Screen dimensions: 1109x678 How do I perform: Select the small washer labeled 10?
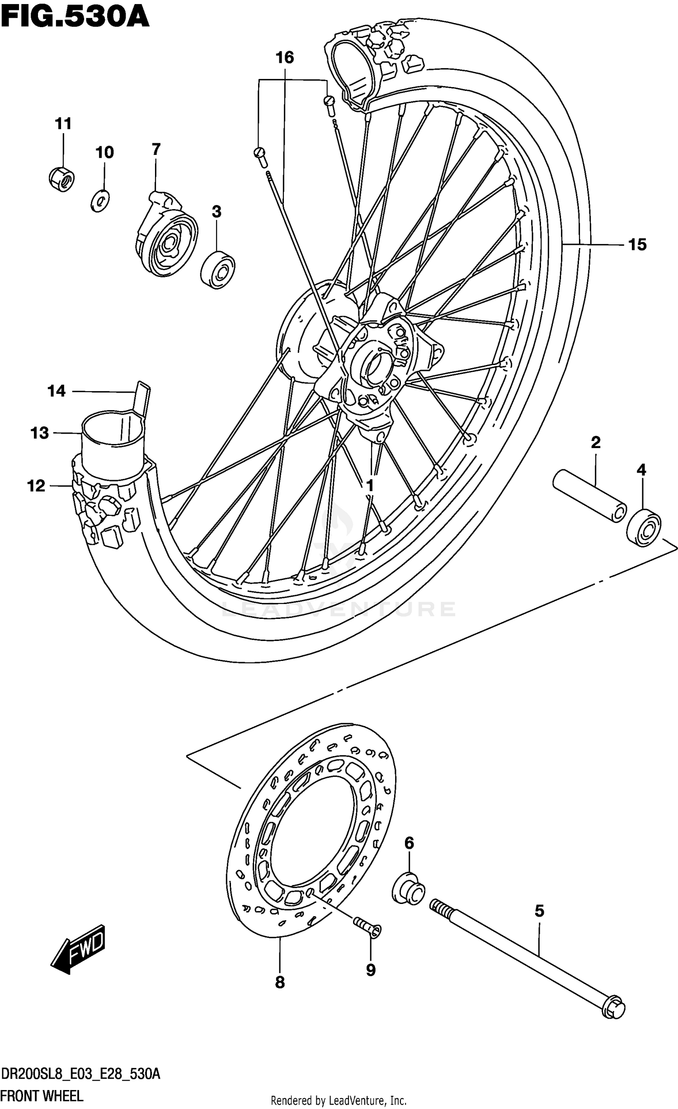click(x=99, y=201)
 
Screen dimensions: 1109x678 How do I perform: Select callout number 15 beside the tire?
click(x=637, y=244)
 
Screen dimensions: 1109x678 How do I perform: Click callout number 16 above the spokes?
click(x=285, y=58)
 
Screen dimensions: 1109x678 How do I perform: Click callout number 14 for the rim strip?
click(x=56, y=391)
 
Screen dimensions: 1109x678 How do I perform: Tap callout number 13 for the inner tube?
click(x=39, y=433)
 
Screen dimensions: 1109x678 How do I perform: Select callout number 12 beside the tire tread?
click(x=36, y=486)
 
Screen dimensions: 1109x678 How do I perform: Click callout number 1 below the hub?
click(x=370, y=486)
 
